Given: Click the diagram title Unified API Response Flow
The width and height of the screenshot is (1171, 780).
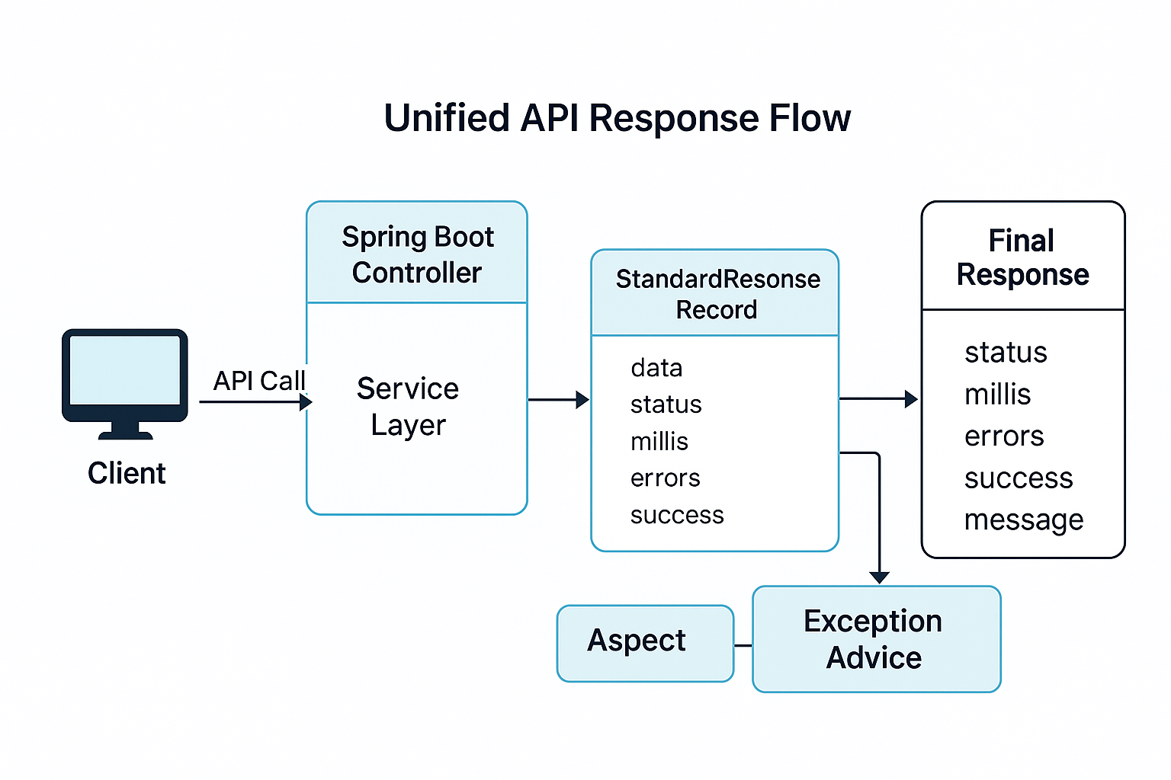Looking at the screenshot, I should (617, 119).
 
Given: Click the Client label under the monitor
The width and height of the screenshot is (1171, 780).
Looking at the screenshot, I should (127, 473).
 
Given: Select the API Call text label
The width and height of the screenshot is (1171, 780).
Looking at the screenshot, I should (259, 381).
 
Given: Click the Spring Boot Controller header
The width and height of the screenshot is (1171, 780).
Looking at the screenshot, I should (417, 254).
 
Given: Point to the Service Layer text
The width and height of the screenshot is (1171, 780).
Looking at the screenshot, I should (408, 406).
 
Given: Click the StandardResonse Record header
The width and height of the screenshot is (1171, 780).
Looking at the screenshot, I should (717, 294).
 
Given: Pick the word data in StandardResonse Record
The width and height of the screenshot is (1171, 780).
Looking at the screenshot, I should (656, 368).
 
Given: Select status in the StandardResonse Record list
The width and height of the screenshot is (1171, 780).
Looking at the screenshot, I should (666, 404).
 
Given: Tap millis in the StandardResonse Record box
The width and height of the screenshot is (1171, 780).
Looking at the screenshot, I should (659, 441).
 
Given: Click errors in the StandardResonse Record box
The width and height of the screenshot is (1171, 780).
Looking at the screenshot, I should (665, 478).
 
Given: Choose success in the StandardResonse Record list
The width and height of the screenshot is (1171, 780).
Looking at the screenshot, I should (677, 515).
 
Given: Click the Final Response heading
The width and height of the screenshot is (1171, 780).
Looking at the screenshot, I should (1022, 257).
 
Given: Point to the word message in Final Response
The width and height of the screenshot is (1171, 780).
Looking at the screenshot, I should (1023, 520).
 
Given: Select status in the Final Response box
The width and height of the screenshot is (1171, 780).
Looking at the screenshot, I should (1006, 353).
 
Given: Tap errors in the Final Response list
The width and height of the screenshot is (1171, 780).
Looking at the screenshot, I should (1004, 436).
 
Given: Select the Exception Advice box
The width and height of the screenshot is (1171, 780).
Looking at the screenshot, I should (876, 639).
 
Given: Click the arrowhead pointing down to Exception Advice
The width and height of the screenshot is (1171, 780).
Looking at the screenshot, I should (880, 577).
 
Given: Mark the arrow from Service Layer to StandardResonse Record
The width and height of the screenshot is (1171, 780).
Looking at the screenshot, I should (558, 399).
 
